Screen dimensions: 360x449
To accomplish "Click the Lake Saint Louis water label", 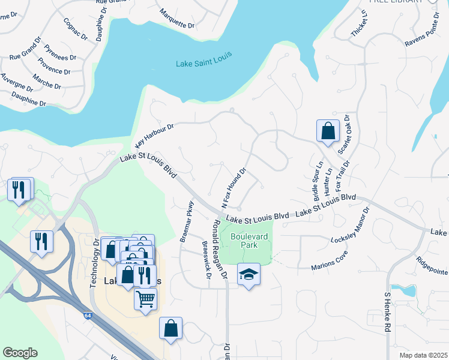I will [x=204, y=63].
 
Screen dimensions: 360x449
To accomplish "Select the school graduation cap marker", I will [x=249, y=275].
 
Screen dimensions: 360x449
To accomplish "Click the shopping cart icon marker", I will [x=146, y=299].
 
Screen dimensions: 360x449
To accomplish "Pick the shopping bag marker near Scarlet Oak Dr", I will [x=328, y=131].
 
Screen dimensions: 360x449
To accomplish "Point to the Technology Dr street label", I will [x=94, y=263].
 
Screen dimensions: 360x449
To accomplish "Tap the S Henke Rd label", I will [x=387, y=313].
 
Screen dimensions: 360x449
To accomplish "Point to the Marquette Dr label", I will [x=178, y=19].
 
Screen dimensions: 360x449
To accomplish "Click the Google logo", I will [x=20, y=353].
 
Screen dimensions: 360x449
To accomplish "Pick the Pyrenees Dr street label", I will [x=59, y=55].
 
